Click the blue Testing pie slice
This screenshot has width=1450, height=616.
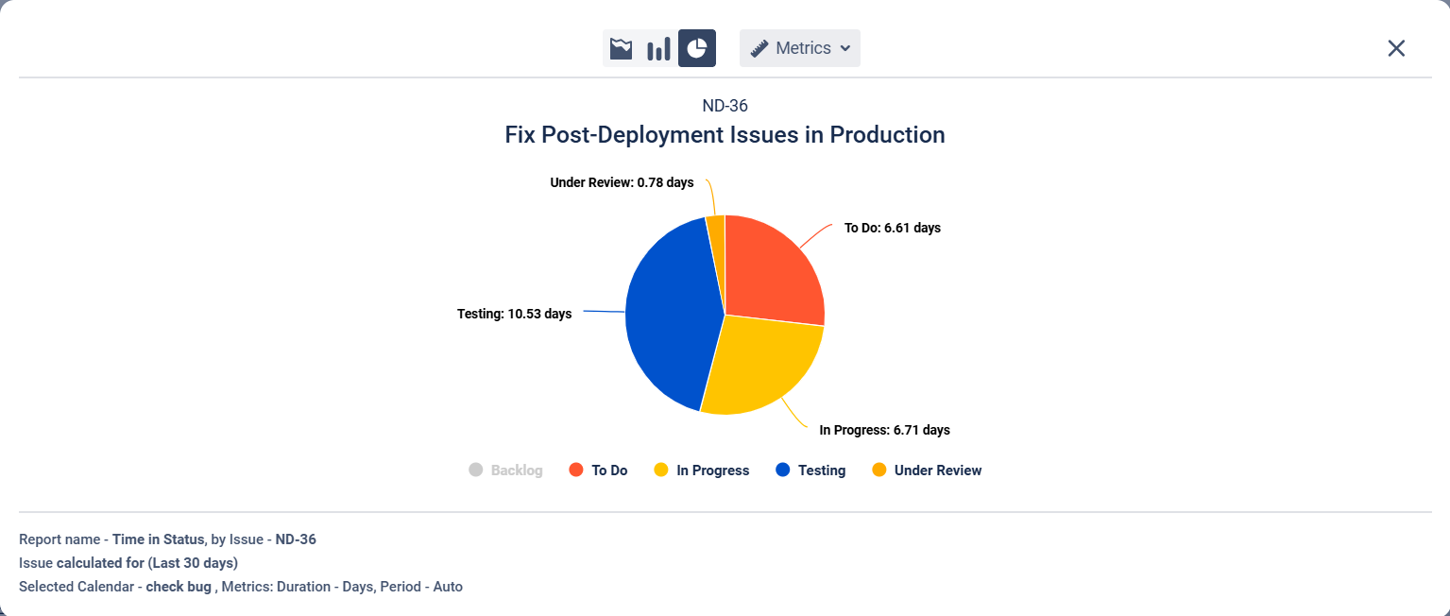666,317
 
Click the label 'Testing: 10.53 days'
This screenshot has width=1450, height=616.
514,314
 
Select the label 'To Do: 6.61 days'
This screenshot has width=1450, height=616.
892,228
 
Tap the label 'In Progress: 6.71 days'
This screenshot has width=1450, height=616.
884,430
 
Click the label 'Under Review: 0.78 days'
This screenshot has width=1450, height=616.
622,182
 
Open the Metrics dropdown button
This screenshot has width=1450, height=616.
800,48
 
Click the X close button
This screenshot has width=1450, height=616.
1396,48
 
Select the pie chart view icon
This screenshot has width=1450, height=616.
697,48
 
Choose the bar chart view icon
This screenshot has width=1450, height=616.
658,48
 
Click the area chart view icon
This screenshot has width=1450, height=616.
621,48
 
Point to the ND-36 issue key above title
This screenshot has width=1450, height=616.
725,106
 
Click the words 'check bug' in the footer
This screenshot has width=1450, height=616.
179,587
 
